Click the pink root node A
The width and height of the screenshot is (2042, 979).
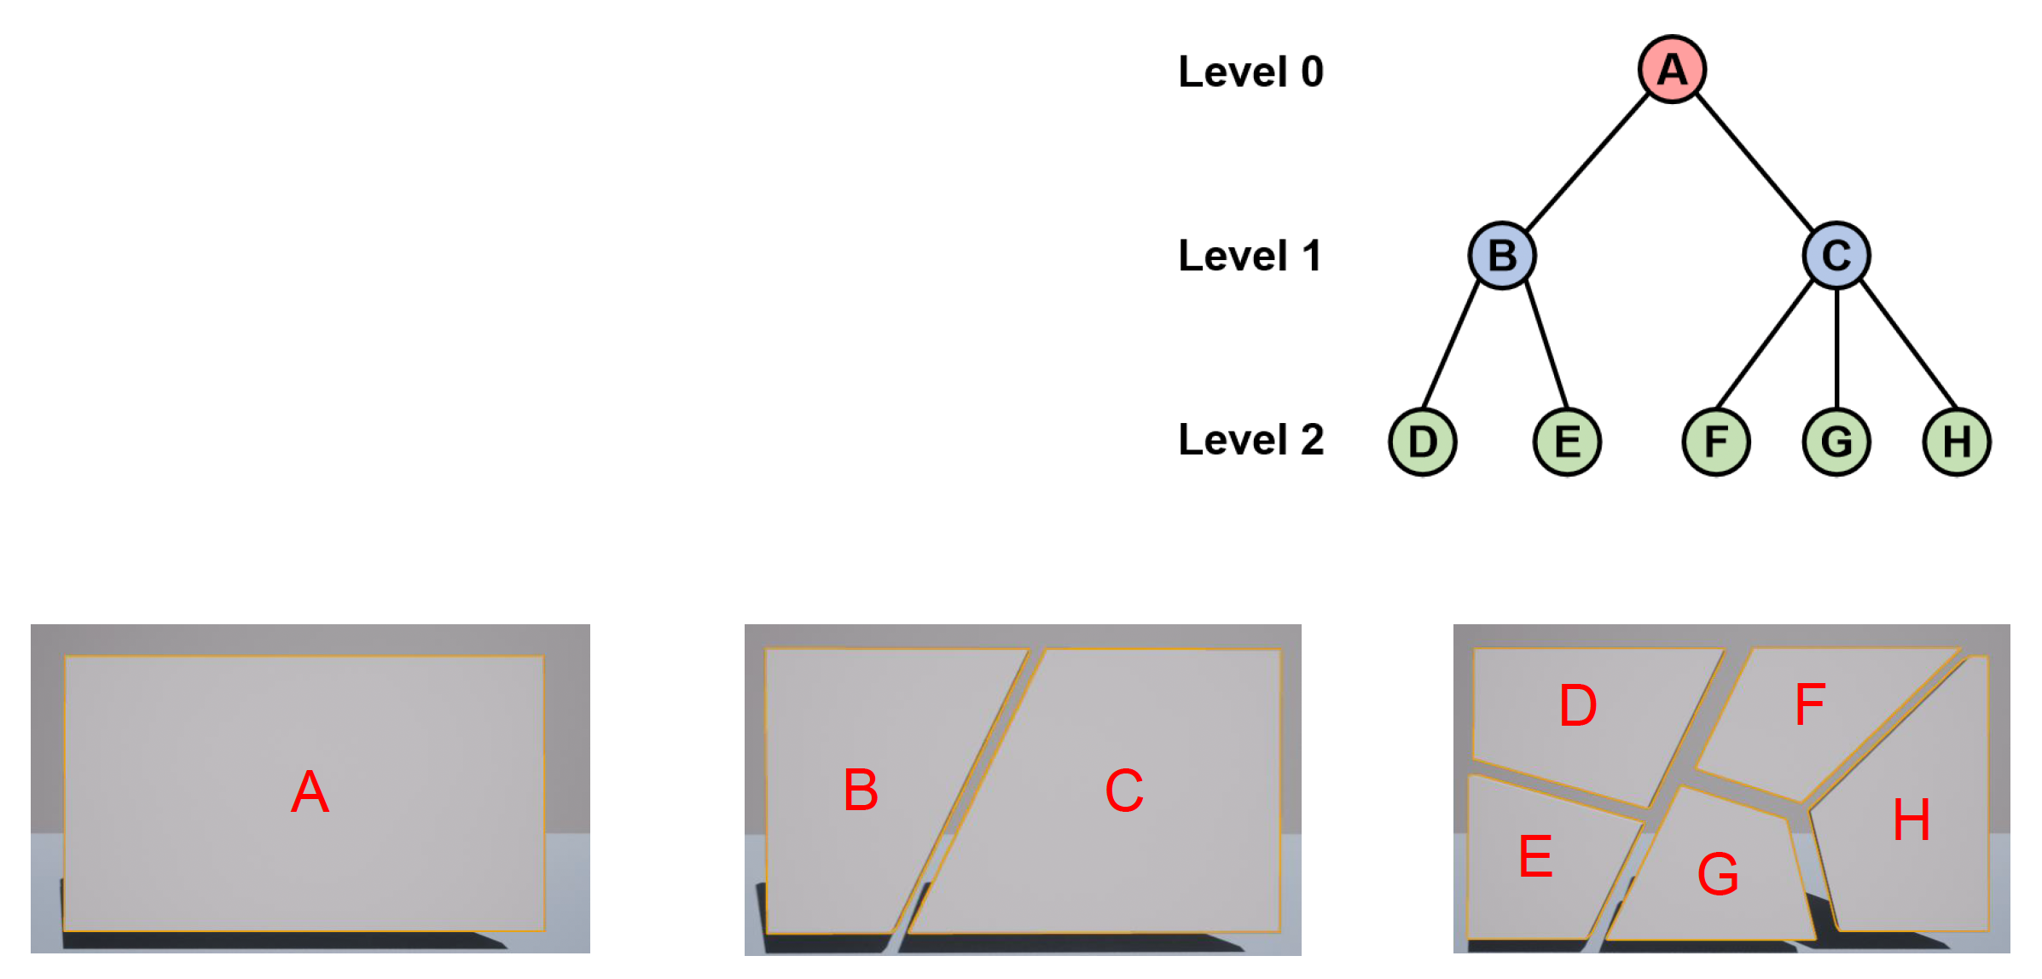point(1672,69)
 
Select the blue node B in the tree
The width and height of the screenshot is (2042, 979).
point(1502,255)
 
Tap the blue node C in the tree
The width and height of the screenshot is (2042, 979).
point(1836,255)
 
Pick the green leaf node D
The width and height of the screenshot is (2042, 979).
point(1423,442)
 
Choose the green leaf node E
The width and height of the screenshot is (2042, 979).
point(1567,442)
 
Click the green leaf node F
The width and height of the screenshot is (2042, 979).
point(1716,442)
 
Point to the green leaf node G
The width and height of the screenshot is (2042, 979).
point(1836,442)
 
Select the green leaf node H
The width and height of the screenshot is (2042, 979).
point(1957,442)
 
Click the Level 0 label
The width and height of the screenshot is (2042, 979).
point(1250,72)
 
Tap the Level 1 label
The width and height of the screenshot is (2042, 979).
point(1250,256)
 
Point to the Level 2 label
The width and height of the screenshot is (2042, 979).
point(1250,440)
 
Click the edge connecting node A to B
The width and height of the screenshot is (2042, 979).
point(1587,162)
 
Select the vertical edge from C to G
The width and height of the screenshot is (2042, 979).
point(1836,348)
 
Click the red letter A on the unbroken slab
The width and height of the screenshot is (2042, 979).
point(310,791)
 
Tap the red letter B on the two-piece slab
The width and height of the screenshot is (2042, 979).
point(861,790)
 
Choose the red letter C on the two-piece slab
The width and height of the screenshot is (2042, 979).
point(1124,791)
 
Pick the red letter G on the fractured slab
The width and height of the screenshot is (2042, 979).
point(1718,874)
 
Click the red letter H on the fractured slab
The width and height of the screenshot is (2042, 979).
point(1911,820)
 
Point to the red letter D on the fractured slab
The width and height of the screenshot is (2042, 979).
point(1578,705)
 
